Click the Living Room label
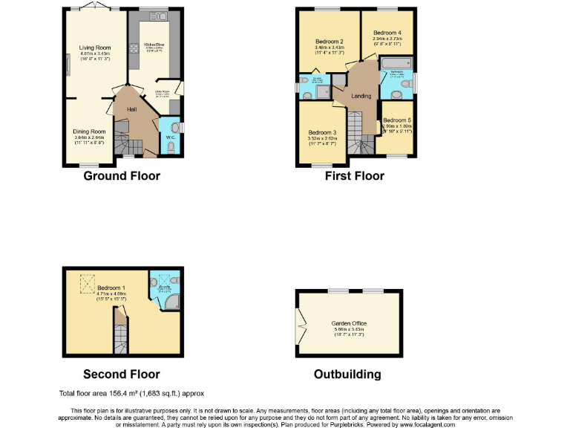pos(95,48)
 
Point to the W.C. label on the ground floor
pos(170,137)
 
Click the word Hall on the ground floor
pos(132,109)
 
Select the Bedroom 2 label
pos(329,41)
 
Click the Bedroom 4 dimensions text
pos(387,42)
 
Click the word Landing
pos(361,96)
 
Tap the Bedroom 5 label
pos(397,120)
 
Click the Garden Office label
pos(349,323)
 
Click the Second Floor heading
pos(121,374)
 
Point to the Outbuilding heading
pos(349,374)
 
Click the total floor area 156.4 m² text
pos(131,393)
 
